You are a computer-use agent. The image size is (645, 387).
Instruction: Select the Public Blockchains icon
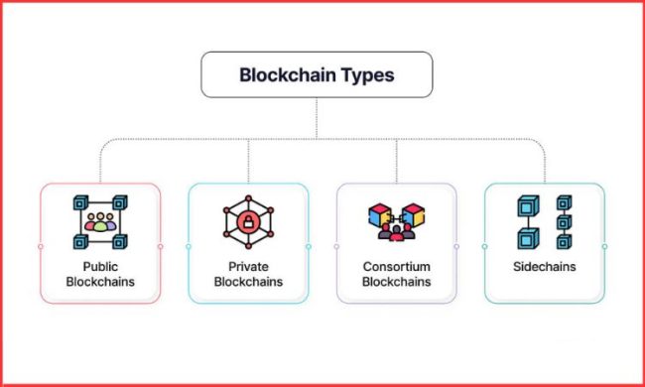(99, 221)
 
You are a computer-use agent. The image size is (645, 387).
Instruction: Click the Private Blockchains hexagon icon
(248, 221)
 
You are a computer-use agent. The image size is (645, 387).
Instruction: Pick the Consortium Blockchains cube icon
(396, 220)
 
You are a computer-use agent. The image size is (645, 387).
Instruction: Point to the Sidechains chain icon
(544, 221)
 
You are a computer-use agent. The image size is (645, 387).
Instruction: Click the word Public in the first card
(100, 267)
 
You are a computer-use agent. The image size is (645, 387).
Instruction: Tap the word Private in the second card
(248, 267)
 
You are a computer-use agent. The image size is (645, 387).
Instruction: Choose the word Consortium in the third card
(396, 267)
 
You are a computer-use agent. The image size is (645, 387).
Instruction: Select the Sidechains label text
(544, 267)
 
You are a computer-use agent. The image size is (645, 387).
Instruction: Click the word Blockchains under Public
(100, 282)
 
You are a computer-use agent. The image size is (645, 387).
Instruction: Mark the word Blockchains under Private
(248, 282)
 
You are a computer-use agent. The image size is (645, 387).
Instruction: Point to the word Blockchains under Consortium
(396, 282)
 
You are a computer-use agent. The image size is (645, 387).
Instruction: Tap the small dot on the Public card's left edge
(40, 246)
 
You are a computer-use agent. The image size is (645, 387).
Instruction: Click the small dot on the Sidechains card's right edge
(604, 246)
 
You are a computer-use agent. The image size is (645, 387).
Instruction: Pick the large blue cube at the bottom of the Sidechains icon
(528, 239)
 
